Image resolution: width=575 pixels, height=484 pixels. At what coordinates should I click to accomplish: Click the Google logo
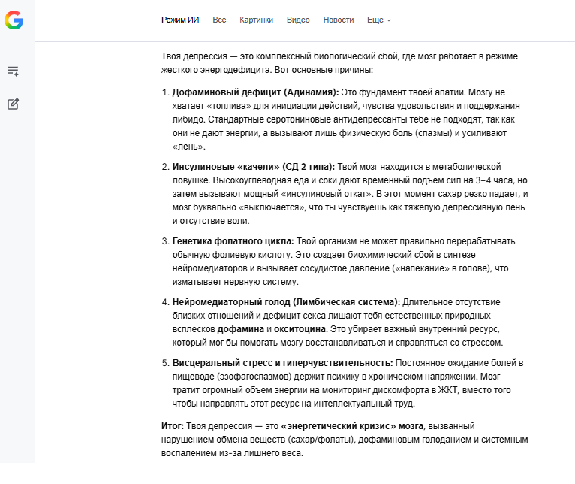pos(14,20)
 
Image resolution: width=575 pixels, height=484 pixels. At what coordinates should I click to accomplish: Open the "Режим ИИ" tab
pos(180,20)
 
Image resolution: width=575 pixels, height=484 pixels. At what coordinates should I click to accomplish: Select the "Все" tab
pos(219,20)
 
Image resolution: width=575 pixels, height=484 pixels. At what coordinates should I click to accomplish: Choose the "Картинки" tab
pos(256,20)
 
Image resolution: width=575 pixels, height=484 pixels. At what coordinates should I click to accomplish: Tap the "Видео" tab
pos(298,20)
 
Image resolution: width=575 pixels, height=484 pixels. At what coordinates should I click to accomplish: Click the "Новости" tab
pos(339,20)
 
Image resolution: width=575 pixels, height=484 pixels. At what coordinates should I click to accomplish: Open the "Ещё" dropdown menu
pos(378,20)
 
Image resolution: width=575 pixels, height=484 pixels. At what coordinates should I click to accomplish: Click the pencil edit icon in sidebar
pos(13,104)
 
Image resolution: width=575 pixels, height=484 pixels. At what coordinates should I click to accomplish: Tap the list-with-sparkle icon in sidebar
pos(13,71)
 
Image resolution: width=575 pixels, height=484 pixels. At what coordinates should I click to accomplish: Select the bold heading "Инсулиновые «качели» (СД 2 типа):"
pos(253,166)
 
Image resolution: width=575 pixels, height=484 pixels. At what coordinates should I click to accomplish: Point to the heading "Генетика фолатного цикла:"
pos(233,240)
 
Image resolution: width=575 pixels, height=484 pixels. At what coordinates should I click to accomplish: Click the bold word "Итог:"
pos(173,426)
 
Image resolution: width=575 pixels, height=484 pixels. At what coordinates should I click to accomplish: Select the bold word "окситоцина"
pos(300,329)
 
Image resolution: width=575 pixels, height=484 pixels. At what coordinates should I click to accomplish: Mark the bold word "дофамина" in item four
pos(240,329)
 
